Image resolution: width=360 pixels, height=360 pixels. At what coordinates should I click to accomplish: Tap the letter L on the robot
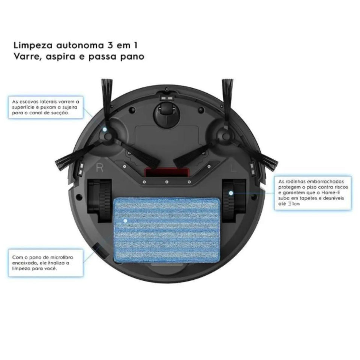click(233, 169)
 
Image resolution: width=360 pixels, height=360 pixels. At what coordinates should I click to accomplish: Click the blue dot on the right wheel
click(231, 193)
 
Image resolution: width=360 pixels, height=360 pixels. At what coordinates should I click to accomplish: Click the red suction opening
click(166, 172)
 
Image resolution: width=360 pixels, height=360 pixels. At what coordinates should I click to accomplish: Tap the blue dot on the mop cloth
click(126, 221)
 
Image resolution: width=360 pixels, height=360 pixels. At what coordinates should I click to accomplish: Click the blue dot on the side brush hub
click(105, 129)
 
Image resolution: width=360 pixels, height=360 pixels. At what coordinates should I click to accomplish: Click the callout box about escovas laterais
click(46, 107)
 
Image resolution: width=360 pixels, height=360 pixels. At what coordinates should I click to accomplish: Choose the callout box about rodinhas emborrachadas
click(313, 193)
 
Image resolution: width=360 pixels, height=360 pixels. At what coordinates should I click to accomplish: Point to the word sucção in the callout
click(62, 112)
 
